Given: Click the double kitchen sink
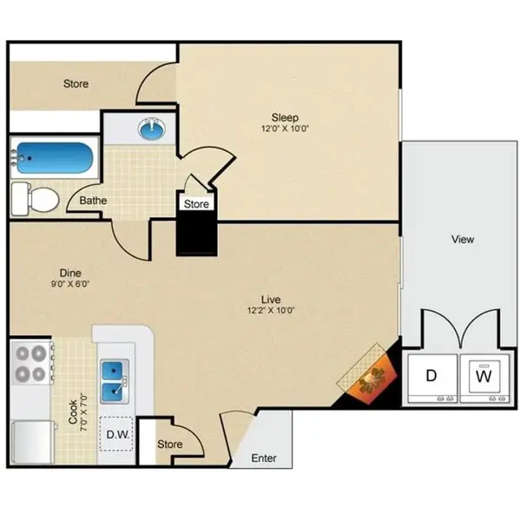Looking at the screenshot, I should click(115, 380).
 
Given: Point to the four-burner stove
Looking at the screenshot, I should click(30, 364).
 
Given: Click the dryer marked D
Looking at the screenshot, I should click(430, 377).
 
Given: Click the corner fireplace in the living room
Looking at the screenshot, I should click(373, 377).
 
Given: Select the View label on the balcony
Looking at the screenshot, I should click(463, 239).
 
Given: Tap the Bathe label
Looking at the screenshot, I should click(93, 201).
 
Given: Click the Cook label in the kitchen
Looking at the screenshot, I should click(73, 411).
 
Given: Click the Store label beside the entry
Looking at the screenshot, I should click(170, 445).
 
